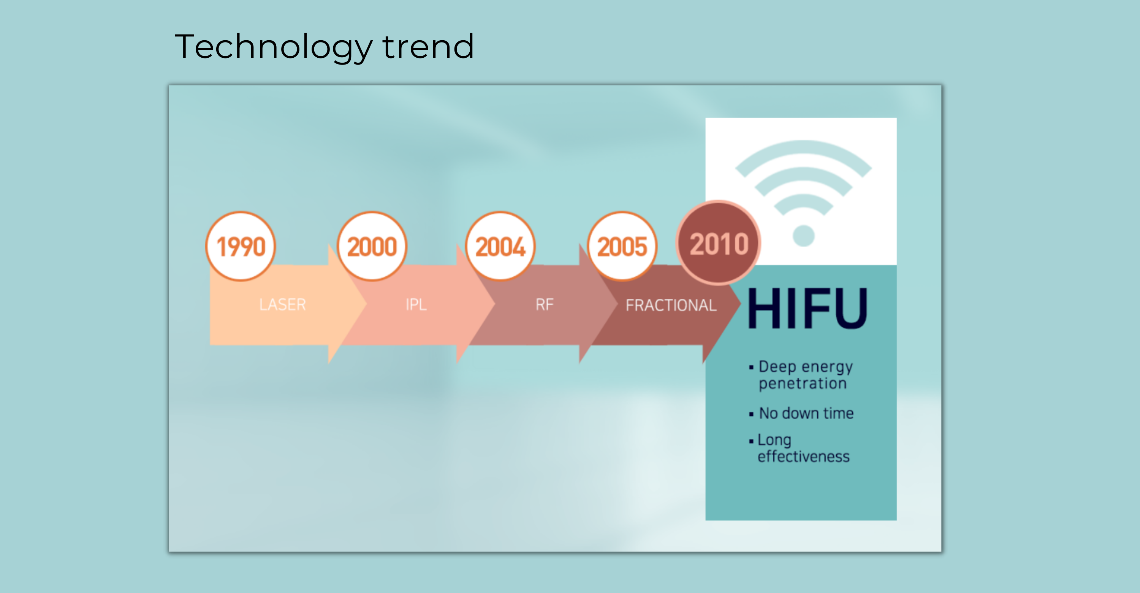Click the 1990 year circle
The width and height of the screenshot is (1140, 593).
pyautogui.click(x=241, y=246)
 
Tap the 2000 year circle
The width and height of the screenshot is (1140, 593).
pyautogui.click(x=372, y=246)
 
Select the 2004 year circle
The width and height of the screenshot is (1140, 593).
pyautogui.click(x=500, y=246)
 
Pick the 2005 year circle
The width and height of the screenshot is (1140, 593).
pyautogui.click(x=622, y=246)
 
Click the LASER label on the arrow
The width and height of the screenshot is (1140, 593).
pyautogui.click(x=282, y=305)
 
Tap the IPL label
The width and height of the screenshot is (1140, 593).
pyautogui.click(x=416, y=305)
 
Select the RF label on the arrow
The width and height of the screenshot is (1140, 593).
pyautogui.click(x=544, y=305)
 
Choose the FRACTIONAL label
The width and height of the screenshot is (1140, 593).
pyautogui.click(x=671, y=305)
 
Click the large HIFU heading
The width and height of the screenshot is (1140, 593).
pyautogui.click(x=807, y=308)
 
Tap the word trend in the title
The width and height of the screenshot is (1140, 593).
pyautogui.click(x=428, y=46)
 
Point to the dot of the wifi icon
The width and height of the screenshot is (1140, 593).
pyautogui.click(x=804, y=236)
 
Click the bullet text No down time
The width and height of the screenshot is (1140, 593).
pyautogui.click(x=806, y=413)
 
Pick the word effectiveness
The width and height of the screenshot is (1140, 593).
pyautogui.click(x=804, y=456)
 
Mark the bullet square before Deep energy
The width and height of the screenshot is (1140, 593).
pyautogui.click(x=751, y=367)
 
